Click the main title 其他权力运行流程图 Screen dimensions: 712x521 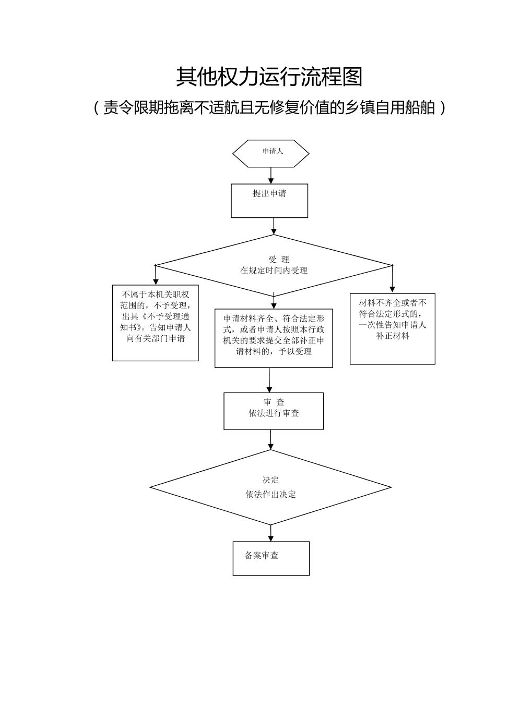[x=269, y=77]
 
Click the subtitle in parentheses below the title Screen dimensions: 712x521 [x=269, y=107]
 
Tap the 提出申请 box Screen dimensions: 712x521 [x=269, y=200]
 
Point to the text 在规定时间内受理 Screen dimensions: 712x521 [x=274, y=271]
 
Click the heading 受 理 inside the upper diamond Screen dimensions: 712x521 [x=279, y=259]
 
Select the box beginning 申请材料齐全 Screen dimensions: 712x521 [x=274, y=338]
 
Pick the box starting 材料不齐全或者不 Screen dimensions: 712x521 [x=393, y=328]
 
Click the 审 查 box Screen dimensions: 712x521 [x=274, y=411]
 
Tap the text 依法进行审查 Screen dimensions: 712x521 [x=274, y=413]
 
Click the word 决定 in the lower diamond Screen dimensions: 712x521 [x=270, y=480]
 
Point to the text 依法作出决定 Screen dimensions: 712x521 [x=270, y=494]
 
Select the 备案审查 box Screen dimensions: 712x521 [x=271, y=558]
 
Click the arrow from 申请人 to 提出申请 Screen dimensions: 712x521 [x=270, y=175]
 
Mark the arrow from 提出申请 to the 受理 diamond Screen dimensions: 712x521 [x=274, y=226]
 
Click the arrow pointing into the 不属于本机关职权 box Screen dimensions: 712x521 [x=156, y=275]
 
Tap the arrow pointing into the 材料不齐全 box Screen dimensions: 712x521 [x=393, y=279]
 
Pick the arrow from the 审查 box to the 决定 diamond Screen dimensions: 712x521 [x=270, y=439]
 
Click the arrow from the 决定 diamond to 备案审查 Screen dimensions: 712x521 [x=271, y=533]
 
